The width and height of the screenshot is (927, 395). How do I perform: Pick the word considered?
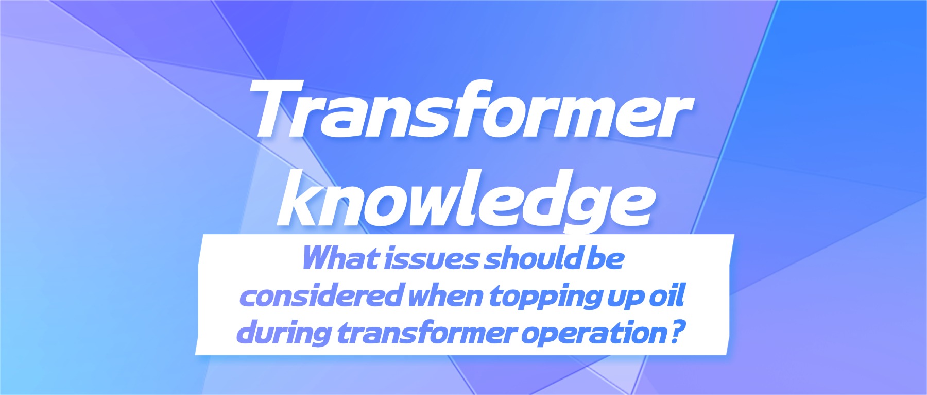[x=320, y=296]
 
